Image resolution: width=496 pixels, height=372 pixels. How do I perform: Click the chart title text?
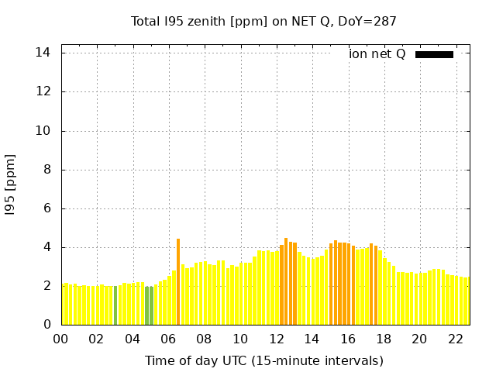pos(263,21)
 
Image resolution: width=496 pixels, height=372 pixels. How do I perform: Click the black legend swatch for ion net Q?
pos(434,54)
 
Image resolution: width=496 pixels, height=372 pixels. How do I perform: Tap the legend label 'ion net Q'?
pos(377,54)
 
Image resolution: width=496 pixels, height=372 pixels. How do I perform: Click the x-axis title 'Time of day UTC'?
pos(263,360)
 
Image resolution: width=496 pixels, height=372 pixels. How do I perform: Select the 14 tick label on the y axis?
pos(43,53)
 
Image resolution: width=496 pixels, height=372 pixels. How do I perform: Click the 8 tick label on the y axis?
pos(46,170)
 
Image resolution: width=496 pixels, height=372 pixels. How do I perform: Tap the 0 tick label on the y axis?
pos(46,325)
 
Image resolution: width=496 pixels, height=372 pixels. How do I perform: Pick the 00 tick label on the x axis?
pos(60,339)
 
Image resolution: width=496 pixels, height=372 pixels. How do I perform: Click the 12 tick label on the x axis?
pos(276,339)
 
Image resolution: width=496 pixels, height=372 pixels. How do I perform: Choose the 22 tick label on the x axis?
pos(456,339)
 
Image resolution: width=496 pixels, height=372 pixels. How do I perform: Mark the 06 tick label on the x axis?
pos(168,339)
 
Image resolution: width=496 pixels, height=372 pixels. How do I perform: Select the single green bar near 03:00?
pos(115,305)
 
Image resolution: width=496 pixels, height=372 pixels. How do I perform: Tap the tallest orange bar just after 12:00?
pos(286,282)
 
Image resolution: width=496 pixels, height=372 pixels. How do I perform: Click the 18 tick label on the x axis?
pos(384,339)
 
